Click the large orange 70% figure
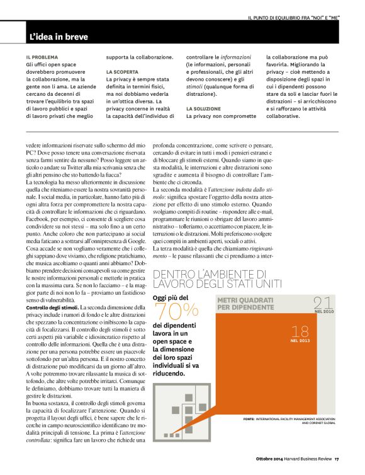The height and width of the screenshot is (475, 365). (x=176, y=310)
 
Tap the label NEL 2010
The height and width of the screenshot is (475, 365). (x=324, y=312)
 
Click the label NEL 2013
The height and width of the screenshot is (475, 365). (x=300, y=341)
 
